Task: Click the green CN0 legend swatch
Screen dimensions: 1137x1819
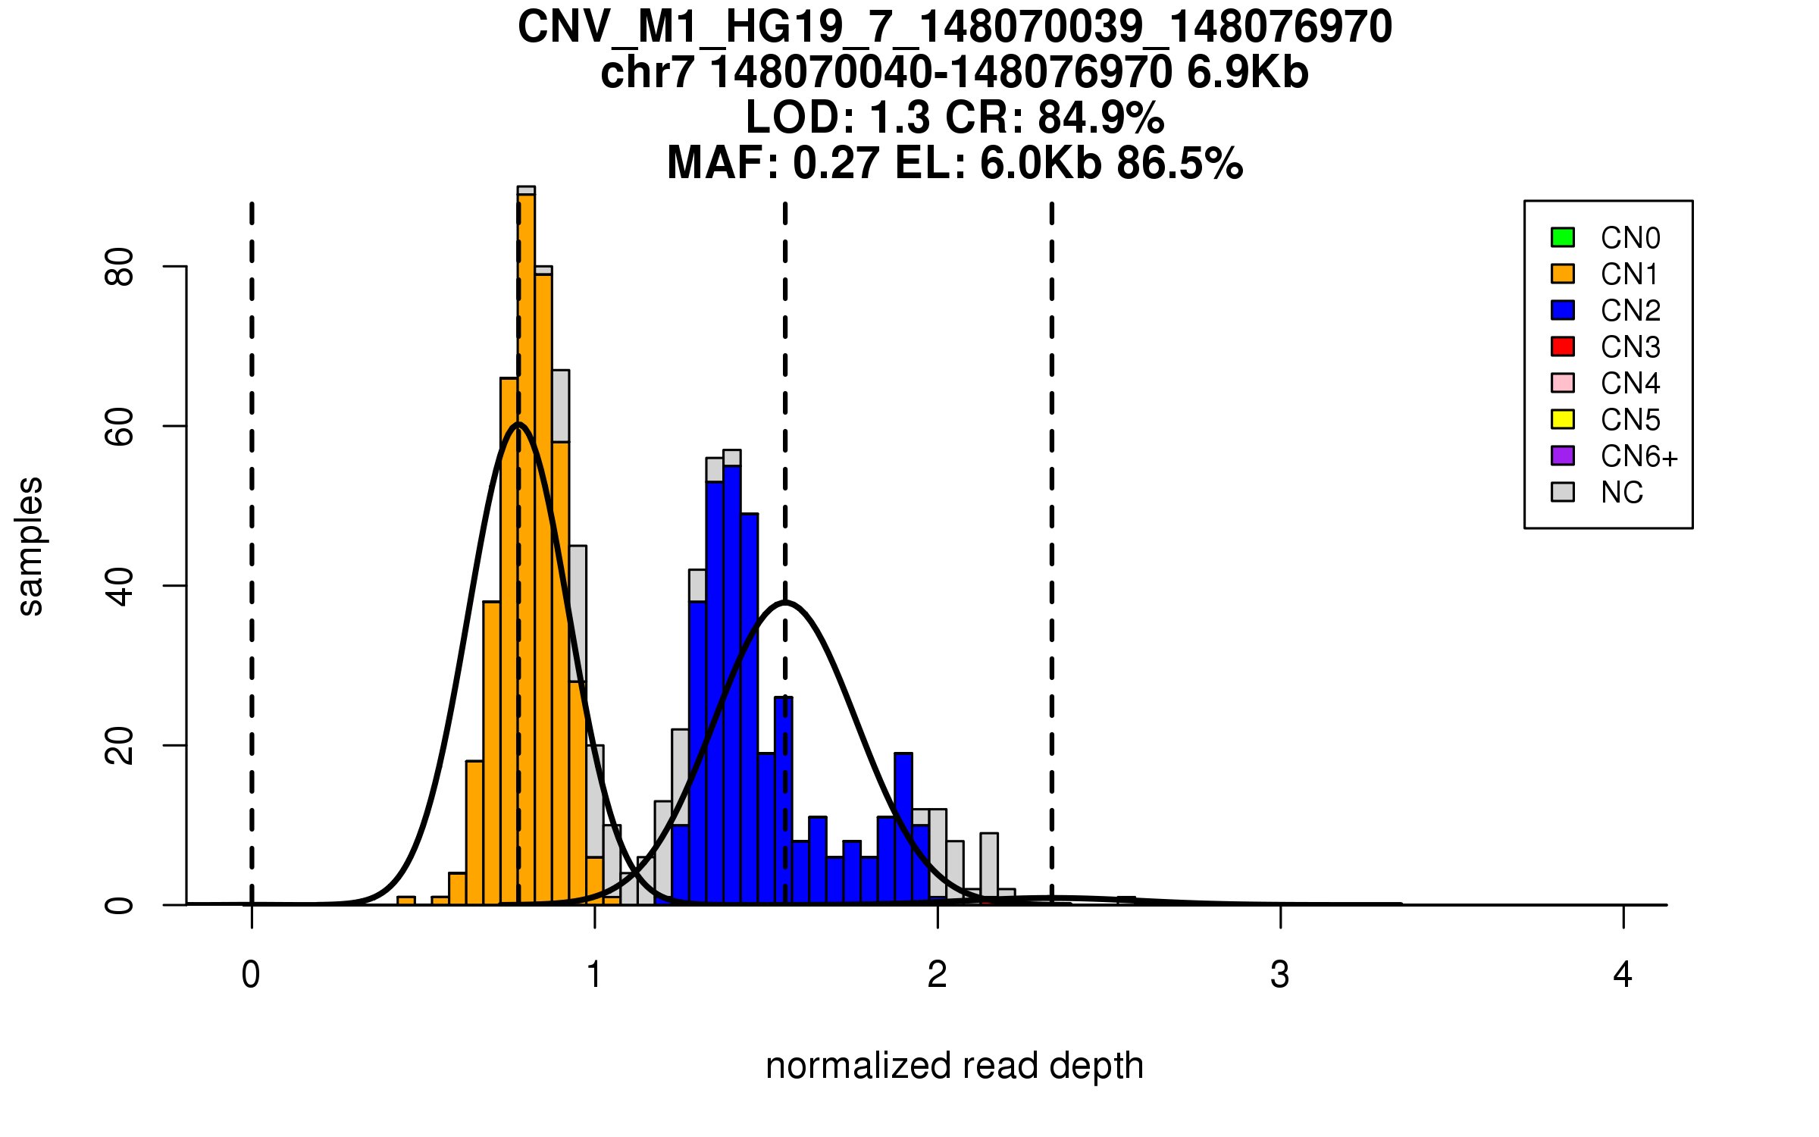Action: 1562,237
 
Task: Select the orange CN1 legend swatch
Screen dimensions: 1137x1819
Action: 1562,274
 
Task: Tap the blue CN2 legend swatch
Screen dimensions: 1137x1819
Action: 1562,310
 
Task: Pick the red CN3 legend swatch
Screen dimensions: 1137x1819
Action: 1562,346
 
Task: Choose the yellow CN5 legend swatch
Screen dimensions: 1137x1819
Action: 1562,419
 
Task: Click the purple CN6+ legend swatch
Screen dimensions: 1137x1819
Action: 1562,456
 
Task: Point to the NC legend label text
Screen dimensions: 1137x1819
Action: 1621,493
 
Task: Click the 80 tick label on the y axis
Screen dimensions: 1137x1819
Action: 120,267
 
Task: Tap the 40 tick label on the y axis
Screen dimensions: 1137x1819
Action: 120,586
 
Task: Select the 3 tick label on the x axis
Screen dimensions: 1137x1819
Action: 1280,975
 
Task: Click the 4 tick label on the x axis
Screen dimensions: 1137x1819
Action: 1623,975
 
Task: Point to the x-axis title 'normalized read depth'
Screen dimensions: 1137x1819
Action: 954,1066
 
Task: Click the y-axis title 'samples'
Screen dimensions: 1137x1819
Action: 30,547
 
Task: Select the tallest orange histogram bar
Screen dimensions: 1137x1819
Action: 527,546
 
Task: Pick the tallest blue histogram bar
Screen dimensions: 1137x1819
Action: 732,682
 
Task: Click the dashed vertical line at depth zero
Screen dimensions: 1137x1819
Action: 252,531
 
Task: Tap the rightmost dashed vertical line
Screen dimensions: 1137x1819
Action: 1052,531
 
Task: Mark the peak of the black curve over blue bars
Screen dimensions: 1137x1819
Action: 786,603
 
